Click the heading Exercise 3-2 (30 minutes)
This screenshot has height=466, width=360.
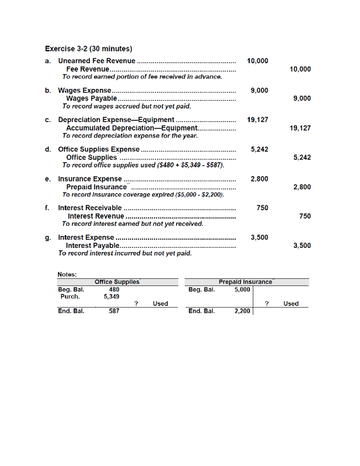point(88,49)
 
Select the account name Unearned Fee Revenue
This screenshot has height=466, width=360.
point(97,61)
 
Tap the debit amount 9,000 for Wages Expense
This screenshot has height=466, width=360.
point(259,90)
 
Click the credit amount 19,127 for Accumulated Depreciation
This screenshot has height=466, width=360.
point(300,128)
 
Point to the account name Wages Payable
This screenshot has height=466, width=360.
point(91,98)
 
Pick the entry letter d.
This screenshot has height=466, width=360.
point(48,149)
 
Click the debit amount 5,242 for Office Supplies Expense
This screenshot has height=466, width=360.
point(259,149)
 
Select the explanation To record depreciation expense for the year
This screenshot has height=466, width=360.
point(130,136)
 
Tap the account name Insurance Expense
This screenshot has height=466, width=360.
point(90,179)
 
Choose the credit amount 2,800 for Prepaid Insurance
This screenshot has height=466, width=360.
point(302,187)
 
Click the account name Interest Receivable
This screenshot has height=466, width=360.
point(90,208)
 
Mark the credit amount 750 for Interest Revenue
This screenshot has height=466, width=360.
point(305,216)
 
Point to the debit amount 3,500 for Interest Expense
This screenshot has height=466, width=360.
point(259,237)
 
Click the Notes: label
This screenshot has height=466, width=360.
point(67,274)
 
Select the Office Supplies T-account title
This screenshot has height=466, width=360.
point(117,282)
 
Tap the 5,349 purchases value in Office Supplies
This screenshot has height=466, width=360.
point(112,296)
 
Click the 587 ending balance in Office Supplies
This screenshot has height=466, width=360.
point(114,311)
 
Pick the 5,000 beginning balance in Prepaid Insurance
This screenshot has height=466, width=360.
point(242,290)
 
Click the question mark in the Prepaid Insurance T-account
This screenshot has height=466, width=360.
point(266,304)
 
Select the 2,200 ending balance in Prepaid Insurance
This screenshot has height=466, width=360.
point(242,311)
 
